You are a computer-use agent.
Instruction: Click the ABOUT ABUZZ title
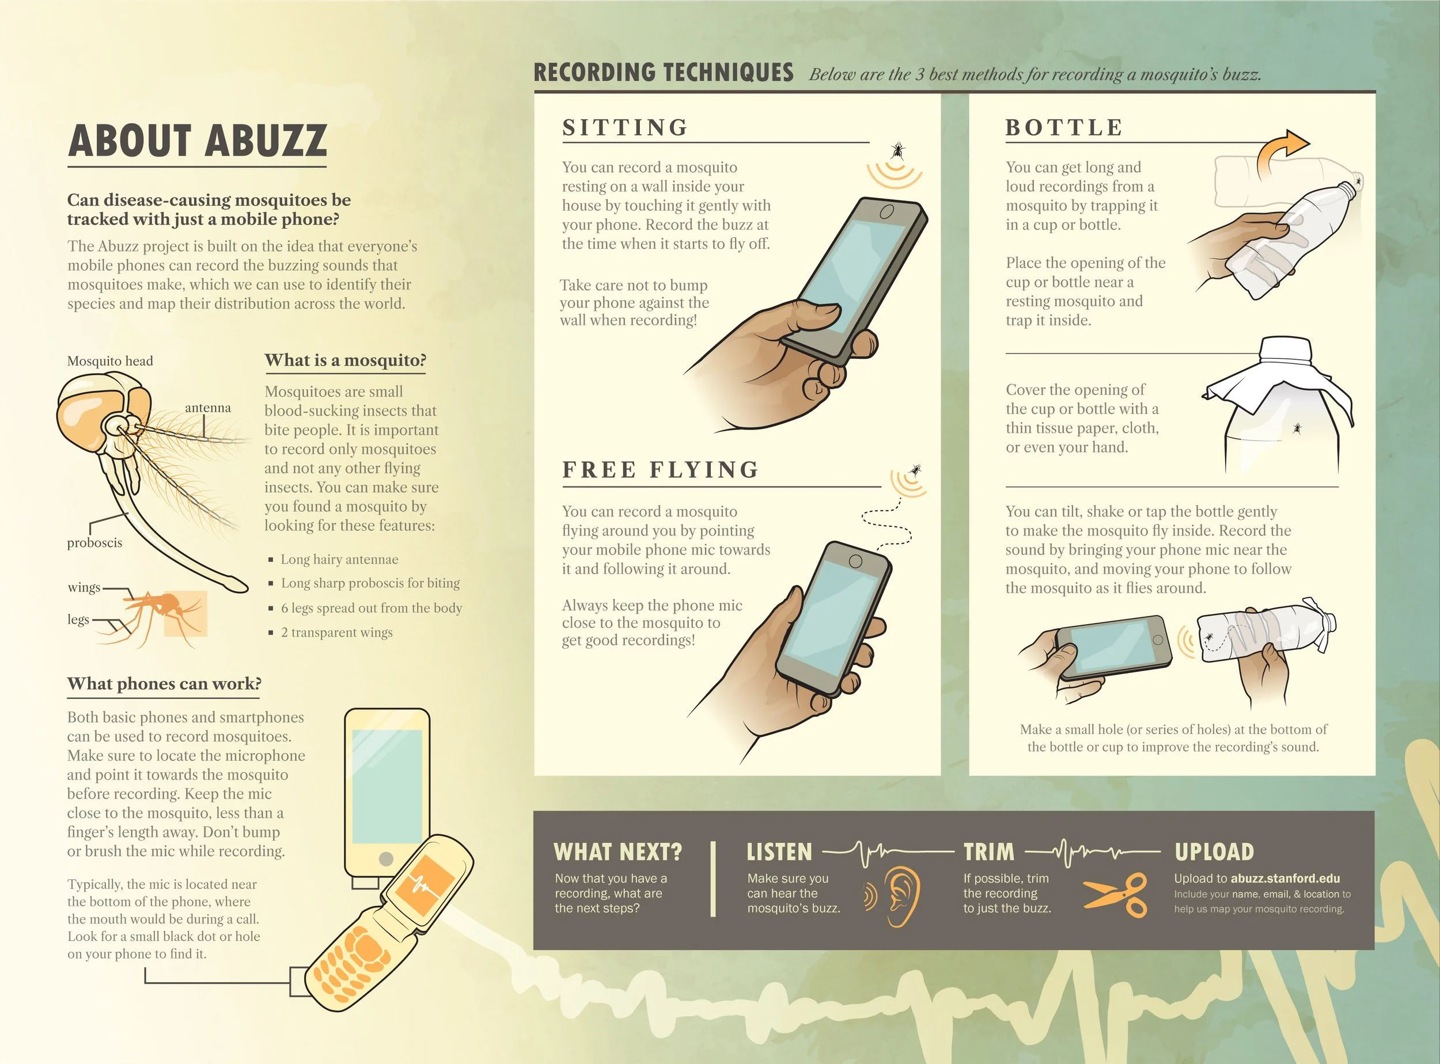point(197,140)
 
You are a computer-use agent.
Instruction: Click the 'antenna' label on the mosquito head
point(207,408)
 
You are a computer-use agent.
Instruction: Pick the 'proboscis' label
point(94,542)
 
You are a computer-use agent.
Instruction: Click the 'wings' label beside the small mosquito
point(84,587)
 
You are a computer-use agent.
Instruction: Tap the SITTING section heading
point(625,127)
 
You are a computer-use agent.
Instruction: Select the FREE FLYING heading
point(661,469)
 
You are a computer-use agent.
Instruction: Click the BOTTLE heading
point(1064,127)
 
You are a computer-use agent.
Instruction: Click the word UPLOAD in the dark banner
point(1214,852)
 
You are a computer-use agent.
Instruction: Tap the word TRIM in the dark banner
point(988,852)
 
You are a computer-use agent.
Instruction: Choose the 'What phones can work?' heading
point(164,683)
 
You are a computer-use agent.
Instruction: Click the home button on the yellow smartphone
point(386,858)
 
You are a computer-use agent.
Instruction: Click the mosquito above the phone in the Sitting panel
point(897,151)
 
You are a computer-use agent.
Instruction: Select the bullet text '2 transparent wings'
point(336,633)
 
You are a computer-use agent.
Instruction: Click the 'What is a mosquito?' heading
point(346,360)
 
